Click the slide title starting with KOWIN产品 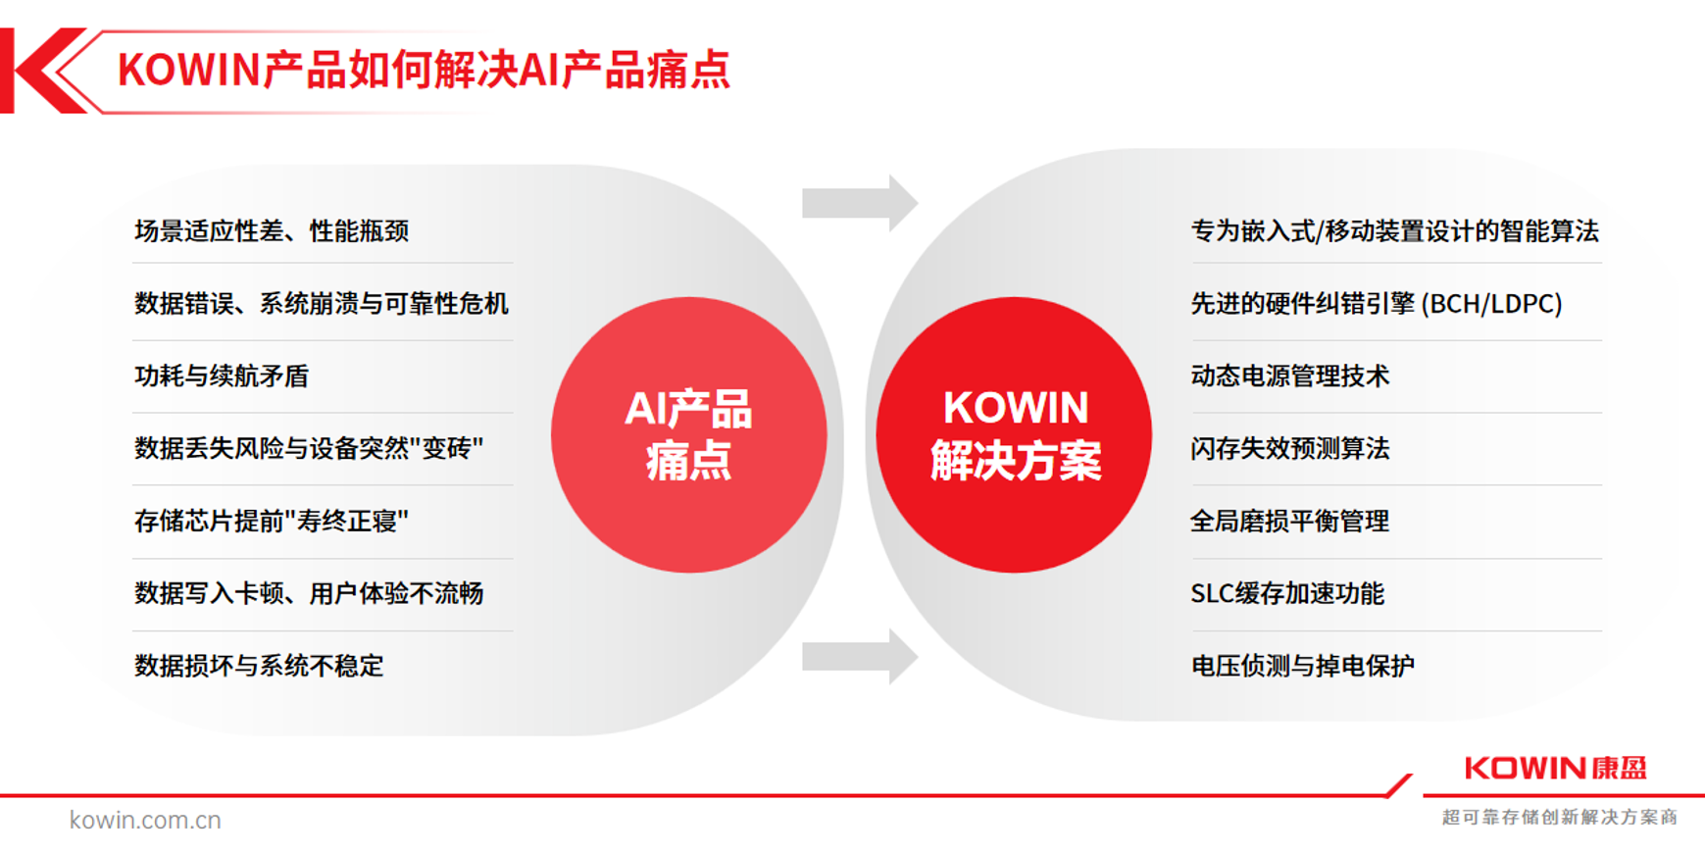point(424,71)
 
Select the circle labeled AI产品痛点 point(688,434)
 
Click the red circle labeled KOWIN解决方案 point(1015,434)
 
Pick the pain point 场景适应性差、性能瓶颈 point(272,231)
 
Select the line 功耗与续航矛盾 point(222,376)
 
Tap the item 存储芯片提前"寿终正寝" point(272,521)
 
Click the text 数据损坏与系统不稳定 point(259,666)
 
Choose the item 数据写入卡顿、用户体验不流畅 point(309,593)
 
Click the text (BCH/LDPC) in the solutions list point(1491,304)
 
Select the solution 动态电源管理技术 point(1290,376)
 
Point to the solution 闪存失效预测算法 point(1290,449)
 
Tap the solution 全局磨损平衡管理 point(1290,521)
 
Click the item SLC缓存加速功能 point(1287,593)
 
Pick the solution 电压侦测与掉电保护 point(1303,666)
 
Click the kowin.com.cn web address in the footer point(145,820)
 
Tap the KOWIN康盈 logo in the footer point(1556,768)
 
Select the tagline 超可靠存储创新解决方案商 point(1559,817)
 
